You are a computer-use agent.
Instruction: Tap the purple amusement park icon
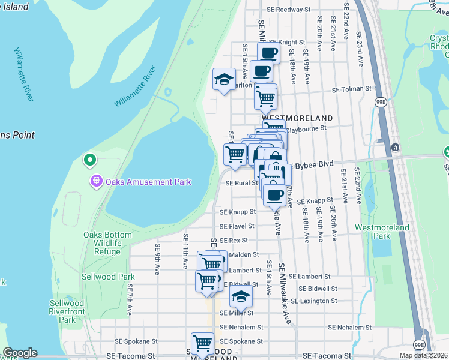(95, 181)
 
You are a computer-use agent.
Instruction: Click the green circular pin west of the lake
(89, 160)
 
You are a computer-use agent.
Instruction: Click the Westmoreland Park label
(382, 232)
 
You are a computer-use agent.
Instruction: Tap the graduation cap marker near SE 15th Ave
(224, 80)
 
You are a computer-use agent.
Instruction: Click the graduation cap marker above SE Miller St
(241, 297)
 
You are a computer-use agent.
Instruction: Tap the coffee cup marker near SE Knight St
(269, 53)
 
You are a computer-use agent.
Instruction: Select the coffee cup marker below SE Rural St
(275, 194)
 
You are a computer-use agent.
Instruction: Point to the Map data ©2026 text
(423, 355)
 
